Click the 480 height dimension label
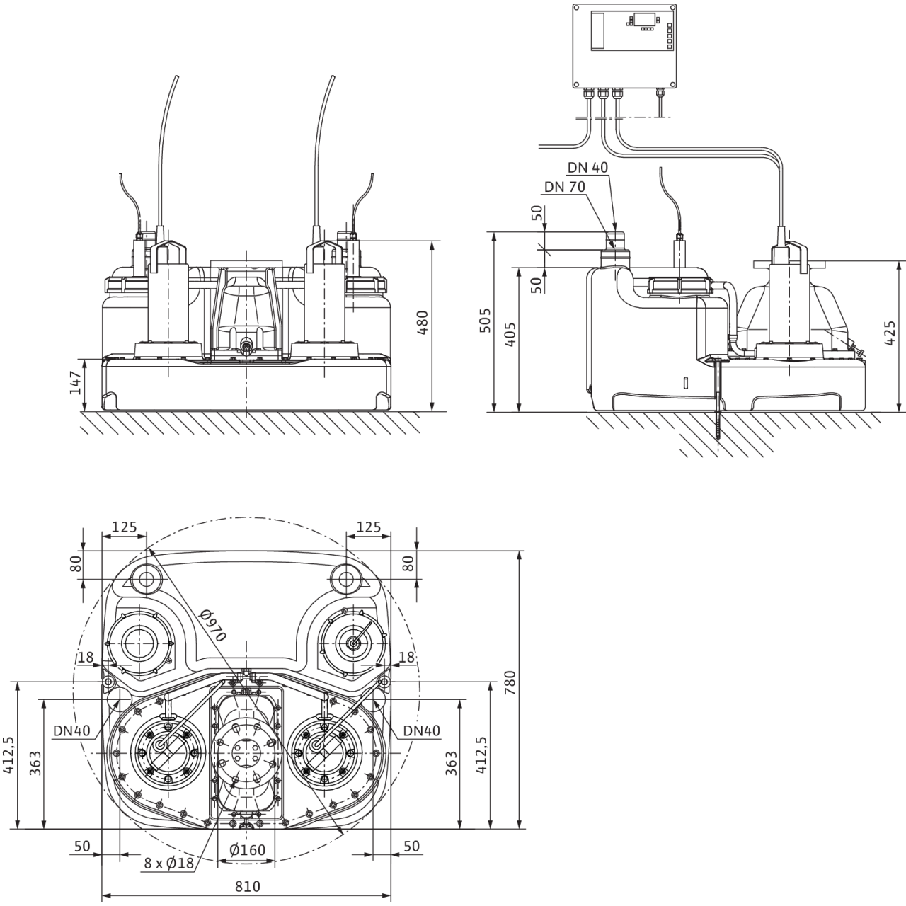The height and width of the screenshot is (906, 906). pyautogui.click(x=423, y=323)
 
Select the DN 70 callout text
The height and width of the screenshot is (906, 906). pyautogui.click(x=565, y=187)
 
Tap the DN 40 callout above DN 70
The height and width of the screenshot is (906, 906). pyautogui.click(x=587, y=167)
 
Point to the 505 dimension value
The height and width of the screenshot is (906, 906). pyautogui.click(x=485, y=320)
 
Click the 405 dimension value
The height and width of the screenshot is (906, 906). pyautogui.click(x=510, y=334)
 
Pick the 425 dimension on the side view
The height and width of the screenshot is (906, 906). pyautogui.click(x=890, y=333)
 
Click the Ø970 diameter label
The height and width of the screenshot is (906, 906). pyautogui.click(x=213, y=625)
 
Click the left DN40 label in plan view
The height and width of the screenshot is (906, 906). pyautogui.click(x=71, y=730)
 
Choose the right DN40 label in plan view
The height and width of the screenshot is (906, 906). pyautogui.click(x=422, y=730)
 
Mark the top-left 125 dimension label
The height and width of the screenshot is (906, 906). pyautogui.click(x=124, y=527)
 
